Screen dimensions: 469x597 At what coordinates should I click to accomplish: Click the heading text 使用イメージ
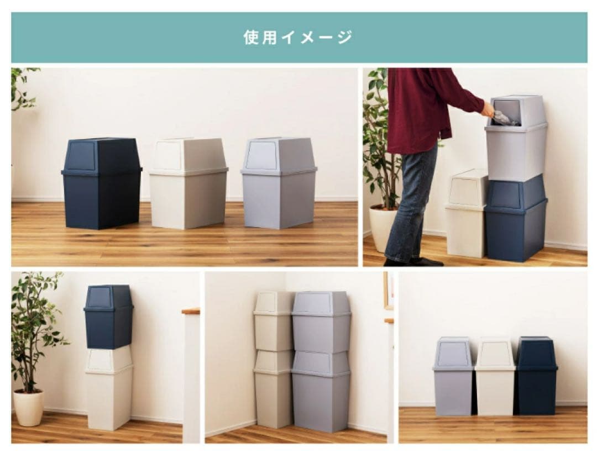pos(298,38)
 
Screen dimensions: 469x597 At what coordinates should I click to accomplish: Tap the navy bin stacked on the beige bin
pos(108,318)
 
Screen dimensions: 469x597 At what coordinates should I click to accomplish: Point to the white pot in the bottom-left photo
pos(28,407)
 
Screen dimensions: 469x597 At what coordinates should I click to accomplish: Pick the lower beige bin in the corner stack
pos(273,392)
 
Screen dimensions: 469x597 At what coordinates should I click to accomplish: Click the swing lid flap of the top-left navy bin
pos(82,156)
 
